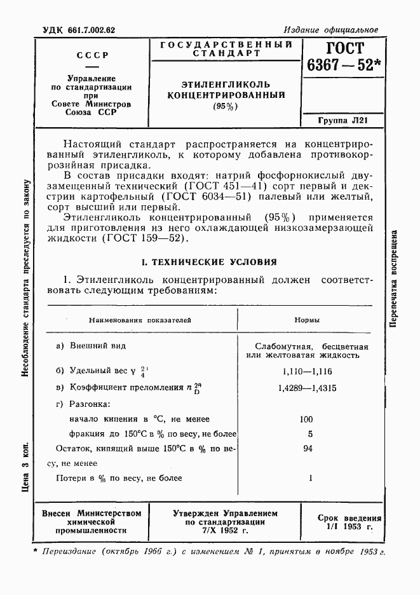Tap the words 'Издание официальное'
point(330,30)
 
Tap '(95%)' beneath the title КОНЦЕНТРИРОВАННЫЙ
point(226,106)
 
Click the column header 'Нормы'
point(307,320)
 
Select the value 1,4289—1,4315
point(308,387)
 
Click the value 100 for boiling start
point(306,419)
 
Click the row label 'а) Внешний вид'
point(91,346)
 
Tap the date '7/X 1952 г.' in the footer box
point(225,530)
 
